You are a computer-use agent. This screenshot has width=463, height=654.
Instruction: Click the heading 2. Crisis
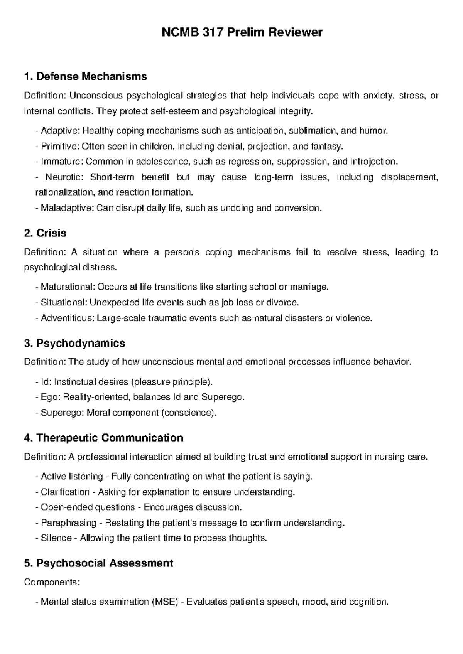[45, 233]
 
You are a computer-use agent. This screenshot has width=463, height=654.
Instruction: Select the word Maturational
[68, 287]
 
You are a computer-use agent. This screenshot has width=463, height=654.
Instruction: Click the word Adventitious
[67, 318]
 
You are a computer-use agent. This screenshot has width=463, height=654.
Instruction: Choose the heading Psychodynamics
[80, 343]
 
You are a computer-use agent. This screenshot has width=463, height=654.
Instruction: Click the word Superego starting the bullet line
[61, 413]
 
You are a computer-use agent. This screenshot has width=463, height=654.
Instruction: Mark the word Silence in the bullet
[56, 538]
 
